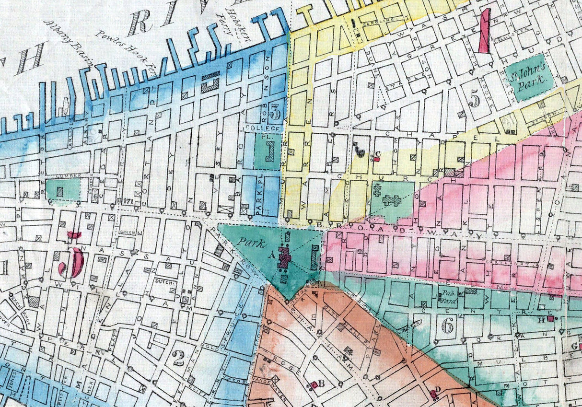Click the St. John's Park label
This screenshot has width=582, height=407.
click(530, 76)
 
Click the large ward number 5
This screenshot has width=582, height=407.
click(475, 99)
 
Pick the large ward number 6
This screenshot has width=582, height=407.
click(448, 326)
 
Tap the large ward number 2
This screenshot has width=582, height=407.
click(178, 358)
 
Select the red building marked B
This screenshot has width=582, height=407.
click(314, 384)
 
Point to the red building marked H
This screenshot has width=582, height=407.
click(551, 318)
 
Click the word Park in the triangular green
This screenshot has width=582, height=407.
click(253, 244)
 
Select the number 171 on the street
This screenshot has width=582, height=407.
click(127, 200)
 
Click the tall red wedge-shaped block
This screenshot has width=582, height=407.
click(485, 32)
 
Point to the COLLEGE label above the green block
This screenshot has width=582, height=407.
click(269, 128)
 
